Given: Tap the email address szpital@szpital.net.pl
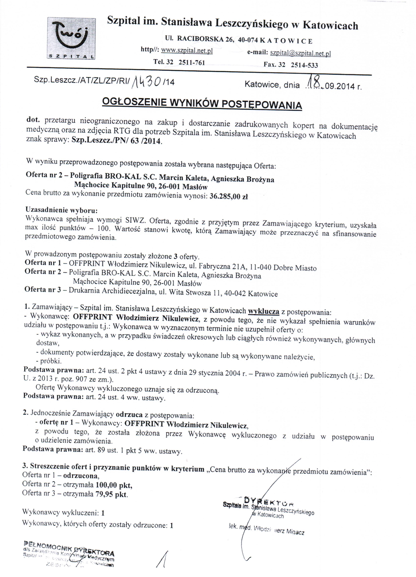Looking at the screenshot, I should [x=300, y=53].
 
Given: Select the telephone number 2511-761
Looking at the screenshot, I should [x=192, y=62].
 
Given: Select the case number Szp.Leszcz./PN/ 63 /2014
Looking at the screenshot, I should [x=116, y=141].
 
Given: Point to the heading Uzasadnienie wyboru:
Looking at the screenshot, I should [x=62, y=210].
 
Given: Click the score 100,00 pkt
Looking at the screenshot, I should [x=114, y=486].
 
